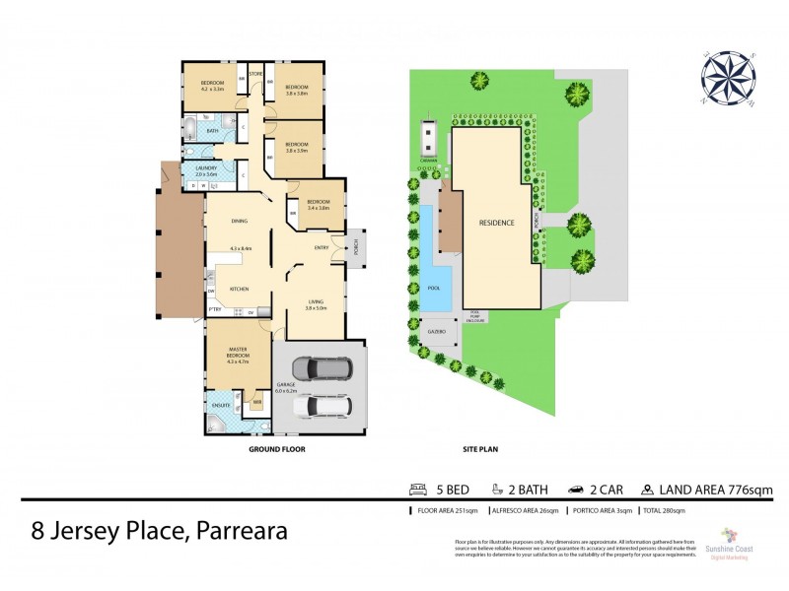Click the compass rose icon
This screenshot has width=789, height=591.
coord(727,77)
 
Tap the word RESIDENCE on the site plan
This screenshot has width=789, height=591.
coord(496,223)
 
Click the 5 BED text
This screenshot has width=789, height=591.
coord(447,489)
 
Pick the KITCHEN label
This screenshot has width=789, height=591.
coord(239,289)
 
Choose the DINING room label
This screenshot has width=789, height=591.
coord(239,222)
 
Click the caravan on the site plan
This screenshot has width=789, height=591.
coord(427,139)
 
